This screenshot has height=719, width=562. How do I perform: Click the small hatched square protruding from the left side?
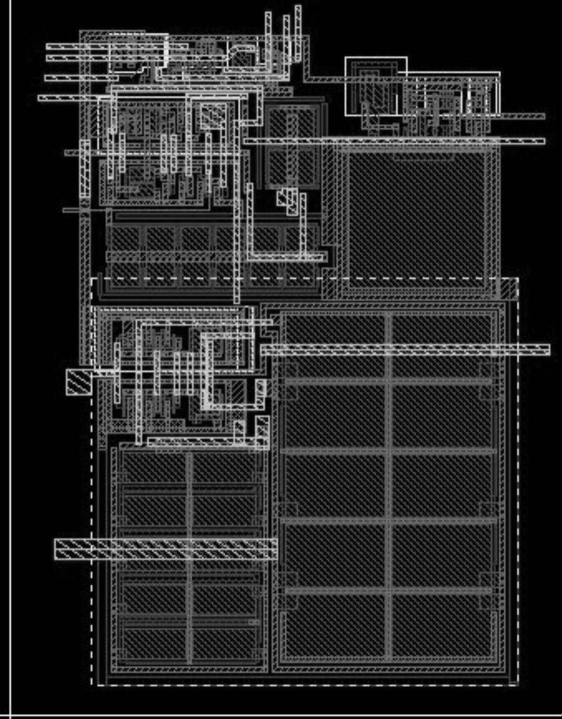pos(79,382)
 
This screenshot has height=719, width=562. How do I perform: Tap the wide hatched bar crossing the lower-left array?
pos(166,549)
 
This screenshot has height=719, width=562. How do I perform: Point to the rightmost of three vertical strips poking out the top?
pos(298,33)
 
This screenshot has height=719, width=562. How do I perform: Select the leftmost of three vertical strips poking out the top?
pos(269,39)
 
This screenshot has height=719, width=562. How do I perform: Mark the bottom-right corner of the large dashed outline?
pos(518,685)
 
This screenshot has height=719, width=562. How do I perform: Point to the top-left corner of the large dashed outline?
pos(92,279)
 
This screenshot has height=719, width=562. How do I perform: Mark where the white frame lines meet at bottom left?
pos(10,716)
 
